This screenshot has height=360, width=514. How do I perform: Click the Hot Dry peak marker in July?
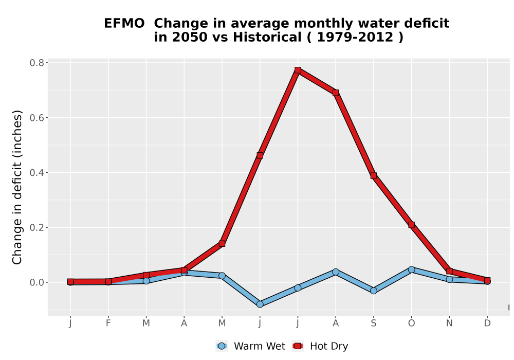click(x=298, y=70)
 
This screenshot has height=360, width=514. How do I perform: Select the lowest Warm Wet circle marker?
click(x=260, y=304)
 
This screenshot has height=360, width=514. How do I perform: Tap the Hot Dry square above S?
click(x=373, y=176)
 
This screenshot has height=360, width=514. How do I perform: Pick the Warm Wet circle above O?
click(x=411, y=269)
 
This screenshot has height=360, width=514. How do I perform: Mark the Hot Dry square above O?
click(x=411, y=225)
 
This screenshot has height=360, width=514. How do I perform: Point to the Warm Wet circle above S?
click(x=373, y=291)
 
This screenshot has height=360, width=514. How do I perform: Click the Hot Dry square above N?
click(x=449, y=271)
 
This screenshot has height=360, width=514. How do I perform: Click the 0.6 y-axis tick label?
click(x=36, y=118)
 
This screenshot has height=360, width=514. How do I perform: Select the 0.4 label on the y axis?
click(x=36, y=172)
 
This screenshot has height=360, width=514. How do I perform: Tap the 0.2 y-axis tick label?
click(x=36, y=227)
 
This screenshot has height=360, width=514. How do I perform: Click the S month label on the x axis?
click(x=373, y=323)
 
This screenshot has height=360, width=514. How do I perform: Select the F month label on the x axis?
click(x=108, y=323)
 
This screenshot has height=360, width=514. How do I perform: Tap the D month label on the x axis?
click(x=487, y=323)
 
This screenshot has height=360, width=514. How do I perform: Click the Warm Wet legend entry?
click(x=250, y=346)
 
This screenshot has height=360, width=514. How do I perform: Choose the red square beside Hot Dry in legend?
click(x=298, y=346)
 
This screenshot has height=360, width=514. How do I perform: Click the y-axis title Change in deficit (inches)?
click(x=17, y=187)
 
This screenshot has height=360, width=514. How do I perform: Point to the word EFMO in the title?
click(x=124, y=24)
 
